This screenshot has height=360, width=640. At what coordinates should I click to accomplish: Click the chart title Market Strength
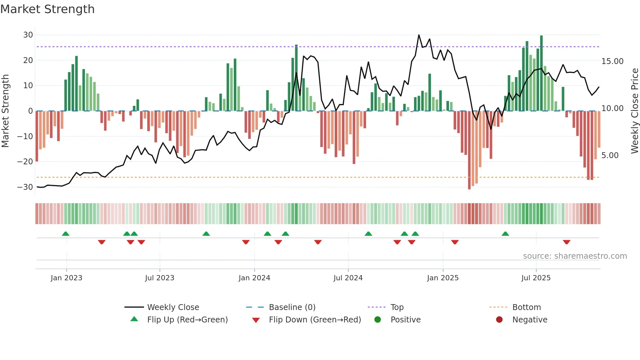coord(47,9)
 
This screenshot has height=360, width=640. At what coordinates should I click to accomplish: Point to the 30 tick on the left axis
coord(28,35)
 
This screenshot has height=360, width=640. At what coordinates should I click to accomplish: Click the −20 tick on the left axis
coord(25,162)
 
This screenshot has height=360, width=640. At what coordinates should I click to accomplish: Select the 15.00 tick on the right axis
coord(612,61)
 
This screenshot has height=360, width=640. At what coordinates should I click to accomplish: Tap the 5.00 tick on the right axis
coord(610,155)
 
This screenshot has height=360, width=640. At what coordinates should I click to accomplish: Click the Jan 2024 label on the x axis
coord(254,278)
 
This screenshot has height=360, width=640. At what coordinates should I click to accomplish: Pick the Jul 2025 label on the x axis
coord(536,278)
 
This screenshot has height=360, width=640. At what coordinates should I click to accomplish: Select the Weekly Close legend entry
coord(173,307)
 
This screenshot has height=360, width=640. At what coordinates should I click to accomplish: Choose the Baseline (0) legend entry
coord(292,307)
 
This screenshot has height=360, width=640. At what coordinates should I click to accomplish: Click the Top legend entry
coord(397,307)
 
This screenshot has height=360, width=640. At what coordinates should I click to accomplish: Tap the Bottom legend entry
coord(526,307)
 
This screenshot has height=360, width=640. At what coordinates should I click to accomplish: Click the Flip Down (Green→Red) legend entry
coord(315,320)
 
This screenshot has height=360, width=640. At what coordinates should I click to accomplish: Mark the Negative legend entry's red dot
coord(499,320)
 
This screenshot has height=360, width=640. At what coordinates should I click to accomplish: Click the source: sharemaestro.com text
coord(575,256)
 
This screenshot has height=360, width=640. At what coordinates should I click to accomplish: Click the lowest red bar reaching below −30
coord(469,150)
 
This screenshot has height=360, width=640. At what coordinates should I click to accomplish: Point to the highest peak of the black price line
coord(419,35)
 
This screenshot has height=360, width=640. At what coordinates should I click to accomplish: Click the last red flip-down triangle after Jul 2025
coord(567,242)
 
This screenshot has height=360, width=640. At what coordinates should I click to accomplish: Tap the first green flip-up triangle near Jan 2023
coord(66,234)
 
